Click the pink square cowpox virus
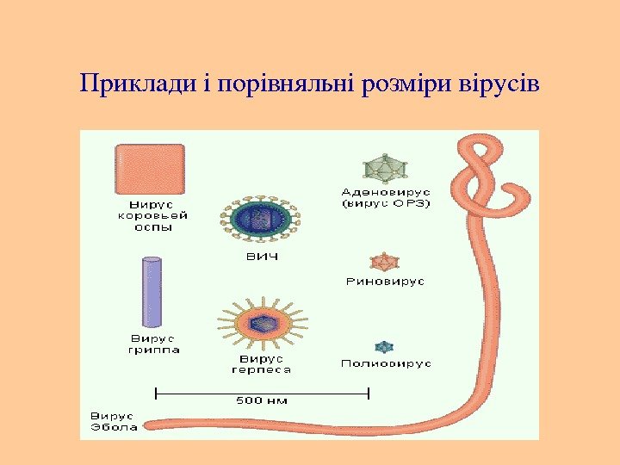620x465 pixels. point(149,170)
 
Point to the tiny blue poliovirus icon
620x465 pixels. point(385,347)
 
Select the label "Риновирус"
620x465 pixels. point(385,282)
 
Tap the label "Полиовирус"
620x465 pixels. point(386,363)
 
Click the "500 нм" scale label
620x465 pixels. point(263,400)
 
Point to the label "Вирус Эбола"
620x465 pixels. point(114,421)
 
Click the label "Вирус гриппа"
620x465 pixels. point(155,344)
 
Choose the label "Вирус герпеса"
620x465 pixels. point(261,363)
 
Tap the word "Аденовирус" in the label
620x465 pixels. point(387,191)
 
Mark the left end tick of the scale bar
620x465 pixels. point(155,393)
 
